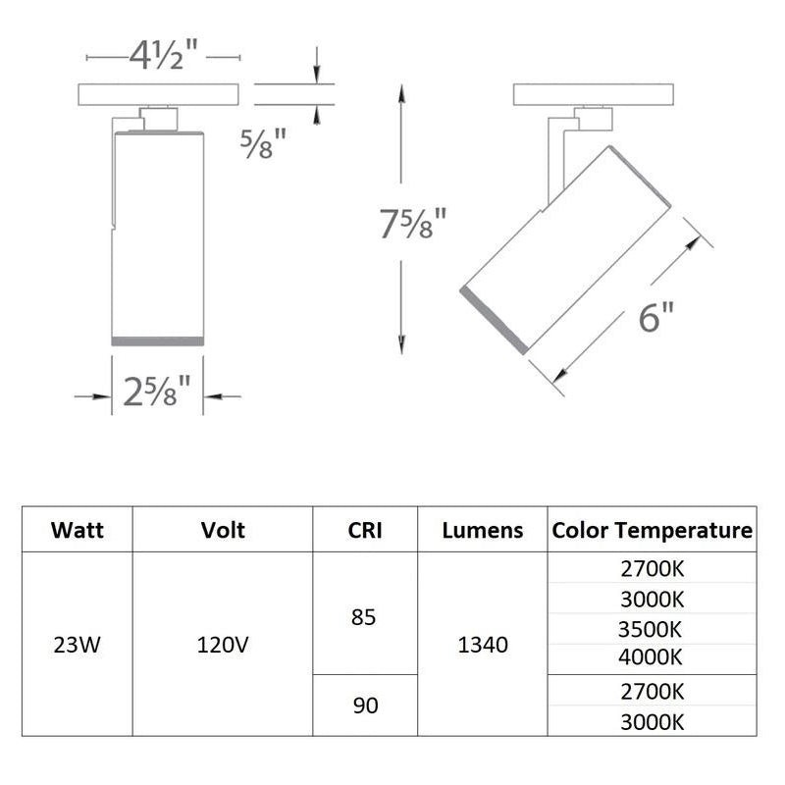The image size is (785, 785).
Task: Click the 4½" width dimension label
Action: [163, 55]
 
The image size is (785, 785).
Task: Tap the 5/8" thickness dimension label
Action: [263, 143]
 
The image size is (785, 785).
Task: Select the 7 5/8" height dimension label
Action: [412, 224]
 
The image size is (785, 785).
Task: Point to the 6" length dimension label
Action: [655, 317]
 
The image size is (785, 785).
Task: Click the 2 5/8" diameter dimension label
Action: [157, 391]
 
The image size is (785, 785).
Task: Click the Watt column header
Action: [78, 530]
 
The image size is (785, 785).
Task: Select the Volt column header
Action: [223, 530]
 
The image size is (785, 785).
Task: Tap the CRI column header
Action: [365, 530]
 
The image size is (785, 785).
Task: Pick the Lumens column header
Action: [483, 530]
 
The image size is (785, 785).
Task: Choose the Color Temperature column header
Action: [652, 530]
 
